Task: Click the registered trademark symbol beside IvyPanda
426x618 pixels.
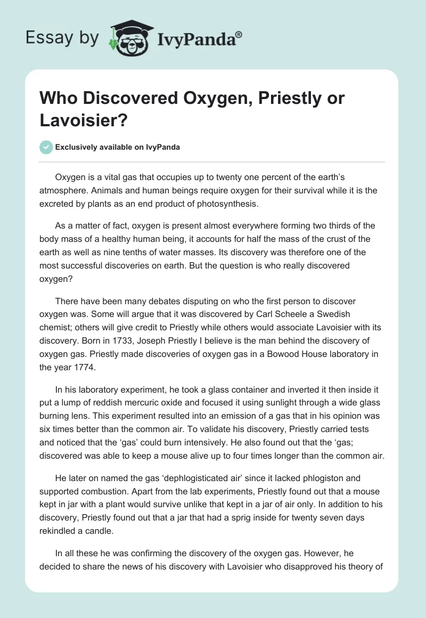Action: point(239,34)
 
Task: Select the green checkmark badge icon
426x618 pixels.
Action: point(46,147)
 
